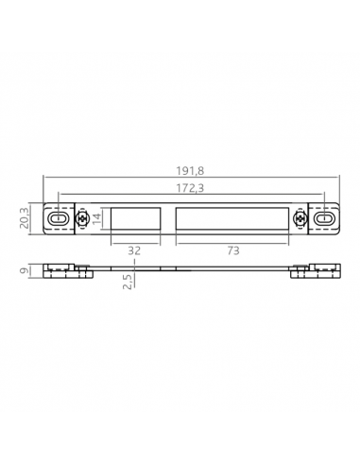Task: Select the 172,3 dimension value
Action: [191, 187]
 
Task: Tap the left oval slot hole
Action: [59, 218]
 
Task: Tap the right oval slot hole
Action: [324, 218]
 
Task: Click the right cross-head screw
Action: [301, 218]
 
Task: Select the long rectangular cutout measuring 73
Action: [231, 218]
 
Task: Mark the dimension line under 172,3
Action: [113, 196]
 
